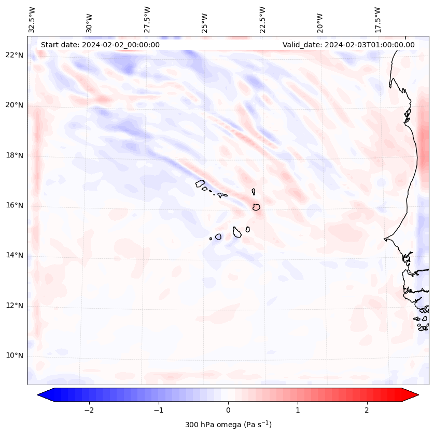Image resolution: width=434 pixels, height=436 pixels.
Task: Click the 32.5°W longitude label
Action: [x=32, y=19]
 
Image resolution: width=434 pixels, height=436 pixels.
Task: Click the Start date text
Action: [x=100, y=45]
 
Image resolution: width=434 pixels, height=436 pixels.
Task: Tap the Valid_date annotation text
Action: [x=348, y=45]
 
